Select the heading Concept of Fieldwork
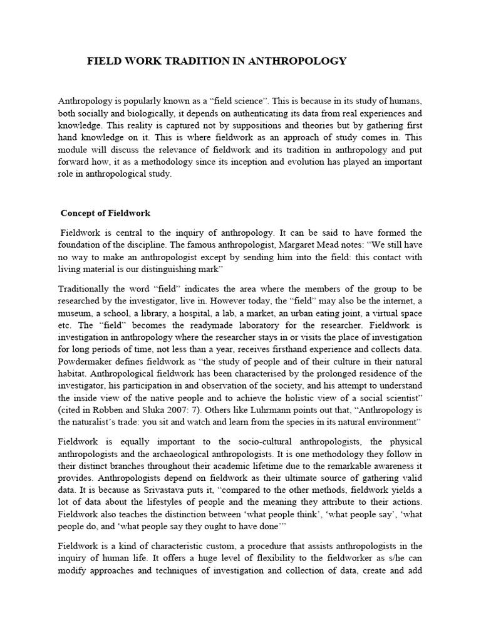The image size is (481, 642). [x=105, y=213]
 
